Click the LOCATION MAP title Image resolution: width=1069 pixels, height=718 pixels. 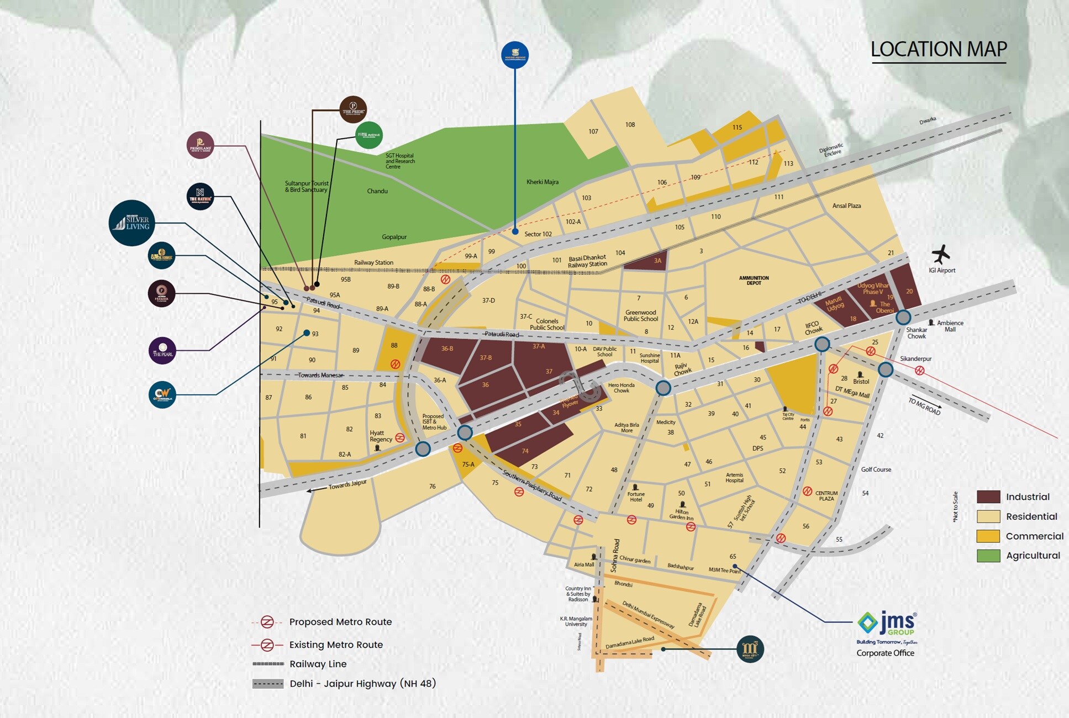[x=939, y=49]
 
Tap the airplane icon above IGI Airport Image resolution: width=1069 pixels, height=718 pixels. [x=940, y=254]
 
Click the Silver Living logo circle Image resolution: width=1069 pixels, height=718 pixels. [x=131, y=223]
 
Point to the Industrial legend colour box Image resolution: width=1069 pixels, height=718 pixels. [x=988, y=497]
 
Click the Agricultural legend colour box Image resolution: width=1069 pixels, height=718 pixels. [x=988, y=556]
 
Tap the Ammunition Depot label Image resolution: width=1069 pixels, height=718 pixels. [x=754, y=281]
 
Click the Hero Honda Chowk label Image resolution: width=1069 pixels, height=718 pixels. [x=622, y=388]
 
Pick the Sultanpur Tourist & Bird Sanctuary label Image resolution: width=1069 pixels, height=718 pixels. [x=307, y=186]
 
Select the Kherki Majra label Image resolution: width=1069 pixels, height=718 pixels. [x=542, y=182]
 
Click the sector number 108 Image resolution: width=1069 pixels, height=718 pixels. [x=630, y=125]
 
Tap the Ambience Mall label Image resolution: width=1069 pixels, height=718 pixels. [x=950, y=326]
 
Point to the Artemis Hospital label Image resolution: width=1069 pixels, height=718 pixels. [x=734, y=478]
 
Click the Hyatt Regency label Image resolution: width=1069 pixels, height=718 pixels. [x=381, y=436]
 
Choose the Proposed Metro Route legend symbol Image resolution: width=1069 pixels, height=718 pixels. [x=267, y=622]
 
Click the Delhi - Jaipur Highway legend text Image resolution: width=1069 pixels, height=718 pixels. [x=362, y=684]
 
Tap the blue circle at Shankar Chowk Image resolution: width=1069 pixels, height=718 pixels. [x=903, y=318]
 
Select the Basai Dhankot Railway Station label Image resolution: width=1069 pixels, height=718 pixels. [x=587, y=261]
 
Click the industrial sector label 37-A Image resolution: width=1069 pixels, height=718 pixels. [x=538, y=346]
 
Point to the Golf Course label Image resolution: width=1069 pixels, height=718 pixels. [x=876, y=469]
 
